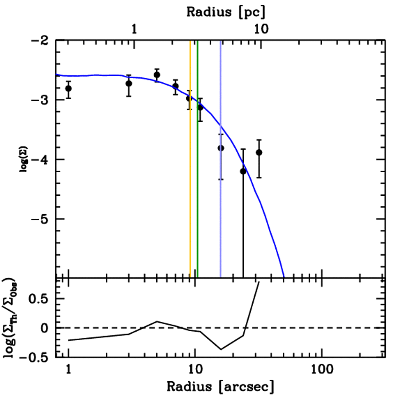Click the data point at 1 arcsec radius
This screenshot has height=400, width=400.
point(68,88)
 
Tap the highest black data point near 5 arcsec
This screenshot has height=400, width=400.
point(157,75)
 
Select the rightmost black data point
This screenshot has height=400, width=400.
point(259,152)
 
